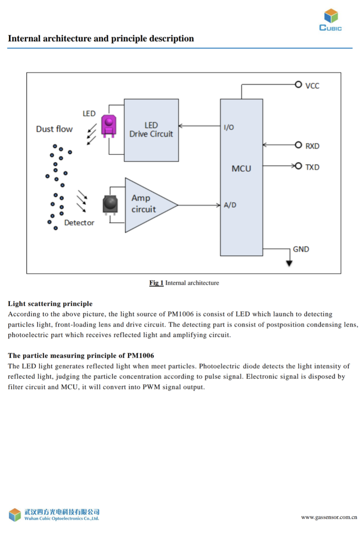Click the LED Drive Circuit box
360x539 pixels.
click(151, 130)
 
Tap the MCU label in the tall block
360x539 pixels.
click(241, 169)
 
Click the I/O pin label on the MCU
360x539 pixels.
click(229, 127)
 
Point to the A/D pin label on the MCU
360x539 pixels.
click(230, 205)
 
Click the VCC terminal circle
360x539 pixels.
click(298, 84)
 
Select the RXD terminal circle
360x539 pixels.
click(298, 145)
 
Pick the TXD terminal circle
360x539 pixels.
click(298, 166)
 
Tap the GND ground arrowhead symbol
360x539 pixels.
click(289, 263)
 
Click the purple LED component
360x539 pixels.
click(109, 125)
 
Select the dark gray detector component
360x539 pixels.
click(110, 204)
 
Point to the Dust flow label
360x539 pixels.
click(54, 129)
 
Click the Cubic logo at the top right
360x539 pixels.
click(331, 20)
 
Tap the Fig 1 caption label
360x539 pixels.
click(156, 283)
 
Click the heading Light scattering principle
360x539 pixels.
click(50, 304)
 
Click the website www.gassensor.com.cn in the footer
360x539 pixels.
click(329, 517)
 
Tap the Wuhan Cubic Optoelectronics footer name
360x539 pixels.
click(62, 519)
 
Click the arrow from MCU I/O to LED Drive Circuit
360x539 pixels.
click(199, 126)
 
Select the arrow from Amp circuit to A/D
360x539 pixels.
click(199, 205)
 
